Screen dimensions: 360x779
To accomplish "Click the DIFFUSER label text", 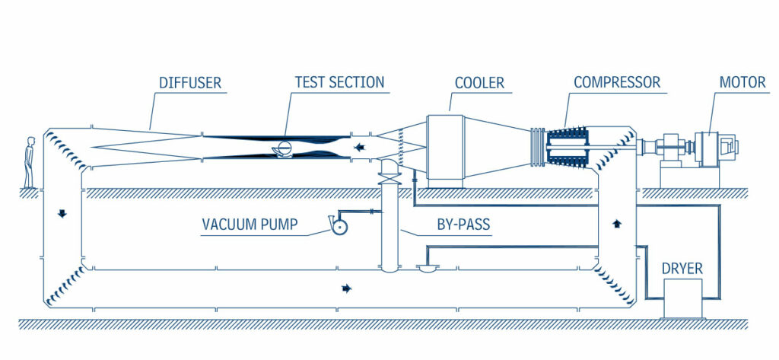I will [190, 81].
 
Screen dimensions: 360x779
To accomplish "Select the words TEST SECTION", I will [339, 81].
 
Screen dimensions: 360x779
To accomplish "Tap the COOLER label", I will [479, 81].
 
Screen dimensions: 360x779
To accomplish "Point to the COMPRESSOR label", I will [617, 81].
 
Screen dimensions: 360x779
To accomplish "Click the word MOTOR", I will [742, 81].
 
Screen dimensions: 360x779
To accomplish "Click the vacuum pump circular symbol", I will [337, 226].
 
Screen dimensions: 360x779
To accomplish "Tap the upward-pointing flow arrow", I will [616, 224].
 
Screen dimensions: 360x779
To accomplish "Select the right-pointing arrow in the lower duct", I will [347, 288].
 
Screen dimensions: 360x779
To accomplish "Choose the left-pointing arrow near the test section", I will [358, 147].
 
